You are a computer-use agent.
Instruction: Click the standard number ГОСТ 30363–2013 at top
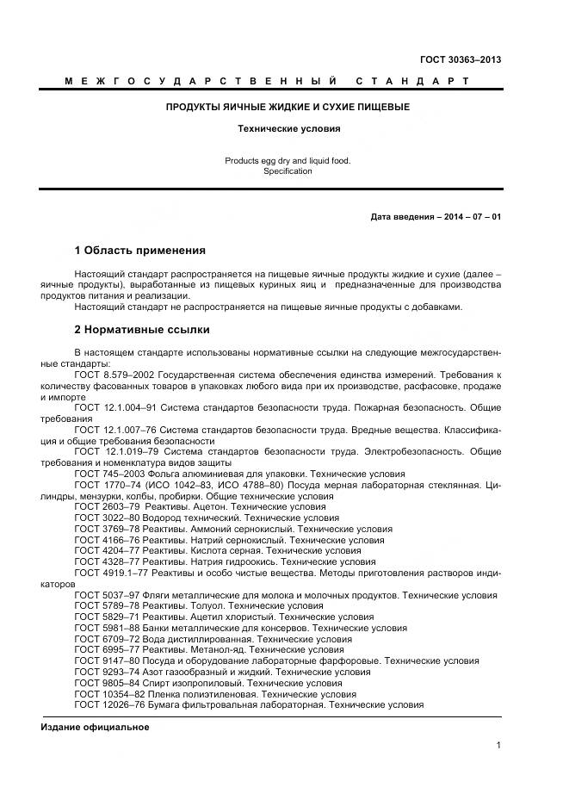click(x=460, y=59)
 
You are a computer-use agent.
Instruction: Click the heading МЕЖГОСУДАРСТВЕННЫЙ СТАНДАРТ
click(x=267, y=81)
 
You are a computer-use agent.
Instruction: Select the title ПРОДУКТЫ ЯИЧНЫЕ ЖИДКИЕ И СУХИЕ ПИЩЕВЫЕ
click(x=288, y=108)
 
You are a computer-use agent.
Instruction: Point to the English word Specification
click(x=288, y=171)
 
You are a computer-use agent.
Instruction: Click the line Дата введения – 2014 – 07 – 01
click(x=436, y=216)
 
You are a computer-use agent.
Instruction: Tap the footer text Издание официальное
click(x=95, y=727)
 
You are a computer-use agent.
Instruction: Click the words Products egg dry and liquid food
click(x=288, y=160)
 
